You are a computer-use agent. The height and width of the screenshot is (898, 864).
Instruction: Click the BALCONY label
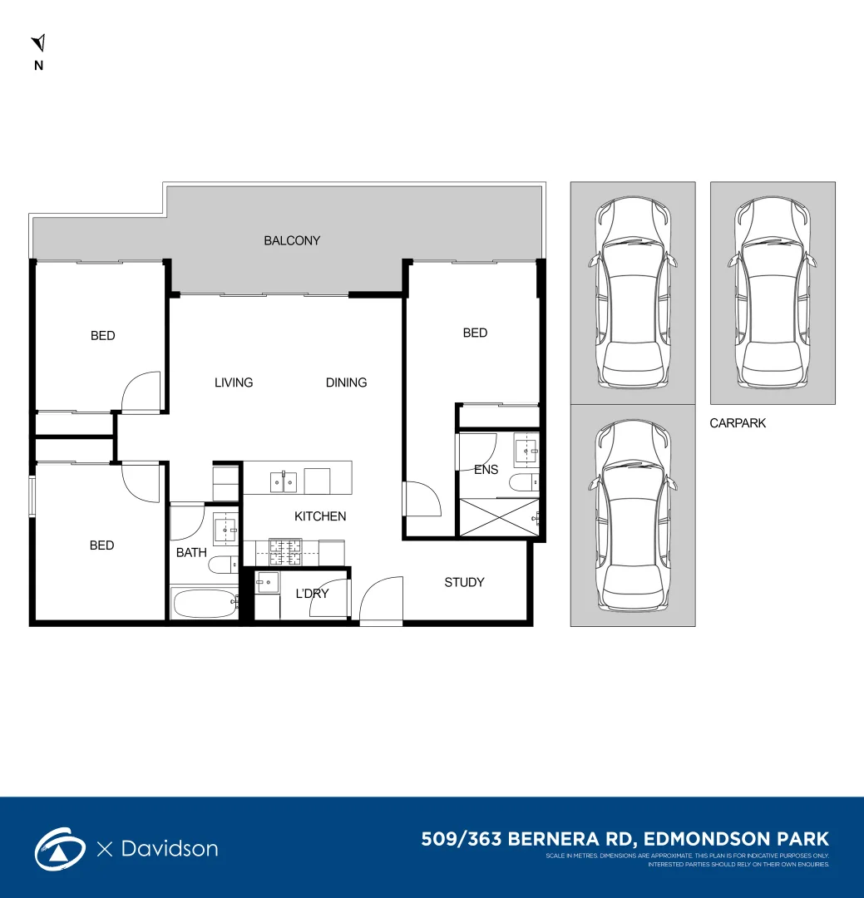click(292, 241)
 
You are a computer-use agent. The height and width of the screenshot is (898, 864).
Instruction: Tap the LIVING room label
click(234, 382)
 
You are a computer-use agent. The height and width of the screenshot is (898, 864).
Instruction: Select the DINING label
click(346, 382)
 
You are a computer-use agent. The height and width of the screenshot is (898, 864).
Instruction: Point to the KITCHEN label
click(320, 516)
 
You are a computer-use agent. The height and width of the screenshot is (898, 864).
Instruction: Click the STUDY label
click(464, 582)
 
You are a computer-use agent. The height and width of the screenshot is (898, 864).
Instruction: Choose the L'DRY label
click(312, 594)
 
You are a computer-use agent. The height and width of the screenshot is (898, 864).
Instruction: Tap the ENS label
click(486, 470)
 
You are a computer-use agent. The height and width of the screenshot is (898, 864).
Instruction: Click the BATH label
click(191, 552)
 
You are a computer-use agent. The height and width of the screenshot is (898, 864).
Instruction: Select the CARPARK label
click(738, 423)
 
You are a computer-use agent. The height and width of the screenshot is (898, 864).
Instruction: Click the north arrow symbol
click(38, 44)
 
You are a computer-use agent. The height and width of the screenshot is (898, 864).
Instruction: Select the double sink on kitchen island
click(282, 481)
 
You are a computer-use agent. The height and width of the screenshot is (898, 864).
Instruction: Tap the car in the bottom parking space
click(633, 516)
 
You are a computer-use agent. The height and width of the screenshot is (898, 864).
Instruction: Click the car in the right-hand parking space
click(773, 294)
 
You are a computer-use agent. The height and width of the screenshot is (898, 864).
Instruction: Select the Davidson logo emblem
click(60, 849)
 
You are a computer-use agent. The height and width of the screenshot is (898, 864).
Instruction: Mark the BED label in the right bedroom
click(475, 333)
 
